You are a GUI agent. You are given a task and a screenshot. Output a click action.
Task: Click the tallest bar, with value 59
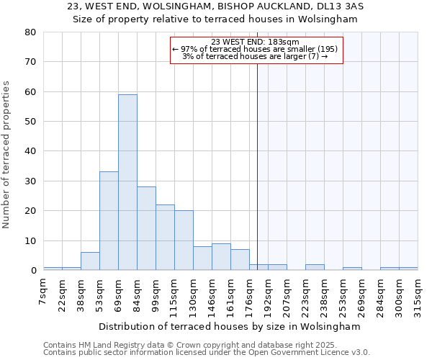click(127, 182)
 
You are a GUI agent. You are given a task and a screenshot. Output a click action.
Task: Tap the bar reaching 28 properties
click(146, 228)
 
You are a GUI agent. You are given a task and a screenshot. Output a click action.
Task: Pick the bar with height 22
click(165, 238)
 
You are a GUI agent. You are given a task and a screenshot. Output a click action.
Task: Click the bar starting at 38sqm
click(90, 261)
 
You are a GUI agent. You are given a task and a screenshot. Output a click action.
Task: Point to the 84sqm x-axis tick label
click(137, 293)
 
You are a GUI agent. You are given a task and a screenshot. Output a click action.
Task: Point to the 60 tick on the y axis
click(31, 92)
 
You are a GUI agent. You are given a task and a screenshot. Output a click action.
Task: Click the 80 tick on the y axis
click(31, 32)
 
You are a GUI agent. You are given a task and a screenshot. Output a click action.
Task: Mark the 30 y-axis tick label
click(31, 181)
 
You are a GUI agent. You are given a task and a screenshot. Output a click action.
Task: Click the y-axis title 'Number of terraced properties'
click(7, 154)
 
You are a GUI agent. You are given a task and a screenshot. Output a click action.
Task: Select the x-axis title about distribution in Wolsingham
click(229, 326)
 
